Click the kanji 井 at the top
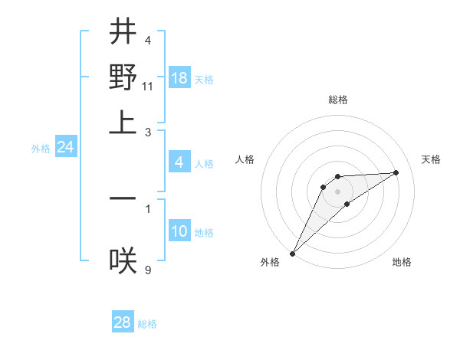pos(123,33)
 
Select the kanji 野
pos(123,77)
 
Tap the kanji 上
pos(123,123)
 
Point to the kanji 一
pos(123,198)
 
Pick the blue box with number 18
pos(179,78)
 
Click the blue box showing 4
pos(179,162)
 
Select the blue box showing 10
pos(179,231)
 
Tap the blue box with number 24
pos(65,147)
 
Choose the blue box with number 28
pos(123,322)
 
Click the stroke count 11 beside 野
pos(148,87)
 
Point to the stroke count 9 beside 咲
pos(148,269)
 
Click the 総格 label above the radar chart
pos(337,100)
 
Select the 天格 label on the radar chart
pos(431,159)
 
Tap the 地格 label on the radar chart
pos(402,262)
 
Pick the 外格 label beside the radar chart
pos(270,262)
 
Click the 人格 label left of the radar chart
pos(245,159)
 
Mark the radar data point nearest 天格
pos(396,173)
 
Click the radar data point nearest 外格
pos(293,253)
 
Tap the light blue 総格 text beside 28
pos(147,324)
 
